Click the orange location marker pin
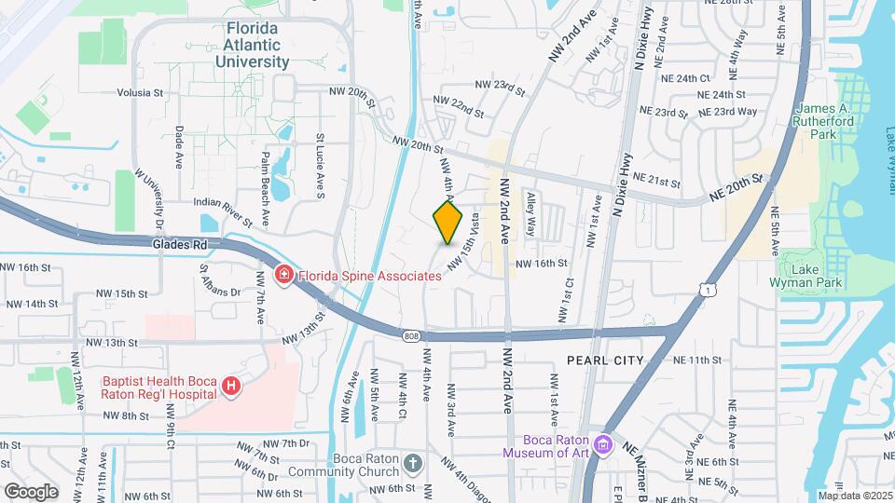pos(448,222)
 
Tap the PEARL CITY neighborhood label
pos(604,360)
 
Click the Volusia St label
pos(140,93)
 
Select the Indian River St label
pos(223,200)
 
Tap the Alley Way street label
pos(531,215)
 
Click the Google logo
pos(31,491)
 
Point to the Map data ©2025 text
pos(855,496)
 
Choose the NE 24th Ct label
pos(686,78)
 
